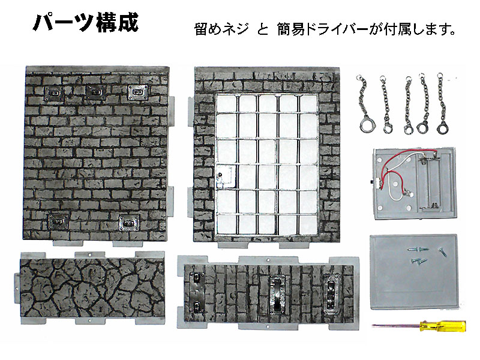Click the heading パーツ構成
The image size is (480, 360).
[x=86, y=22]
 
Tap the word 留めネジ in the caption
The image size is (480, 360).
[x=221, y=29]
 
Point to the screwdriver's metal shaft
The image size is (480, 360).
[x=396, y=326]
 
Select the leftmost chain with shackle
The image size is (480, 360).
[x=364, y=103]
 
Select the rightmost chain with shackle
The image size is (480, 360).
[x=441, y=103]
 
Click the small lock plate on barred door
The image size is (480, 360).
[x=224, y=175]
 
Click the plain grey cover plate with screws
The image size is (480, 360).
[x=413, y=272]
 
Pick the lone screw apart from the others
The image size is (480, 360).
[x=443, y=251]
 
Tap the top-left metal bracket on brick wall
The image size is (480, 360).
[x=54, y=93]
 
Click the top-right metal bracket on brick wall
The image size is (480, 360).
[x=138, y=92]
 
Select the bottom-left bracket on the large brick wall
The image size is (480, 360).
[x=58, y=221]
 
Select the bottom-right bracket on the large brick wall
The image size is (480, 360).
[x=129, y=222]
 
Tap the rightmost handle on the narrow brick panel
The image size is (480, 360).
[x=332, y=292]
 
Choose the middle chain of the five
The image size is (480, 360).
[x=408, y=104]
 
